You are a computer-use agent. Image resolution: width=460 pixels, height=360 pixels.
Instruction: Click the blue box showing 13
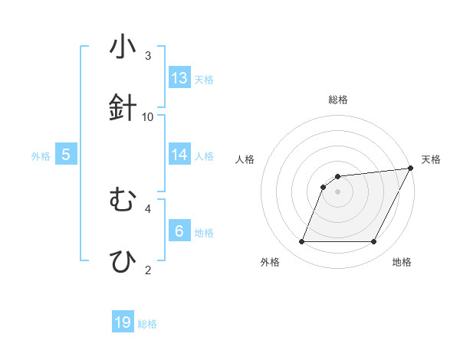(x=179, y=78)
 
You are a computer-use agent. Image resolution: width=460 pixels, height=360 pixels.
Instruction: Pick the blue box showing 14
(x=179, y=155)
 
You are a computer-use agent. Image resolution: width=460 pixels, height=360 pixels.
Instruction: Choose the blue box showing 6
(x=179, y=231)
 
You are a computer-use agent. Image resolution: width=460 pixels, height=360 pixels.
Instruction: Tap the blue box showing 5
(x=66, y=155)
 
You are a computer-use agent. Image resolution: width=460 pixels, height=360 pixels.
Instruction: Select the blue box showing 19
(x=123, y=322)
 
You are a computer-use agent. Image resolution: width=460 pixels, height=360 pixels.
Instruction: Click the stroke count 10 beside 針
(x=148, y=116)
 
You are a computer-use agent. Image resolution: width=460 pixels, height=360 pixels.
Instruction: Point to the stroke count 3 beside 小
(x=148, y=56)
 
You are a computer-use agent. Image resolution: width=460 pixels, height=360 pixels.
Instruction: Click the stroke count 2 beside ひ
(x=148, y=270)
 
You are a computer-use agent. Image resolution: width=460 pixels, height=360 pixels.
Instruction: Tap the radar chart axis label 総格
(x=337, y=100)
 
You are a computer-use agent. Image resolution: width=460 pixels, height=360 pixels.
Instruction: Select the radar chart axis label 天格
(x=431, y=159)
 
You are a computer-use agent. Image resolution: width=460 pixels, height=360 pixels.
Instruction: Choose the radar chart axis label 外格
(x=269, y=263)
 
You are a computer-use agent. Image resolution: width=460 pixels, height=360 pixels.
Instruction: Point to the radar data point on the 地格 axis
(x=374, y=242)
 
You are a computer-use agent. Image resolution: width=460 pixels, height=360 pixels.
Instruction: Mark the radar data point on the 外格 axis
(x=301, y=242)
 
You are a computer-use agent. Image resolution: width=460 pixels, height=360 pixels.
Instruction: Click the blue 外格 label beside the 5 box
(x=41, y=155)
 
